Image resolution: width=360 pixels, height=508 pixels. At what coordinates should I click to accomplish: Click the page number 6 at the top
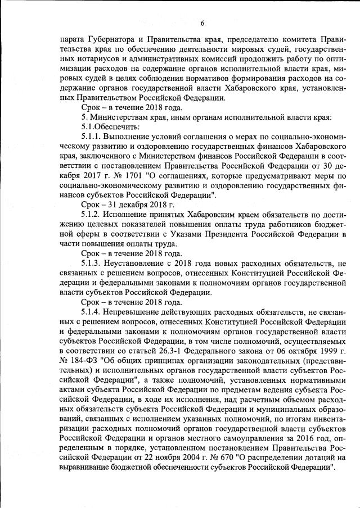click(x=201, y=23)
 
